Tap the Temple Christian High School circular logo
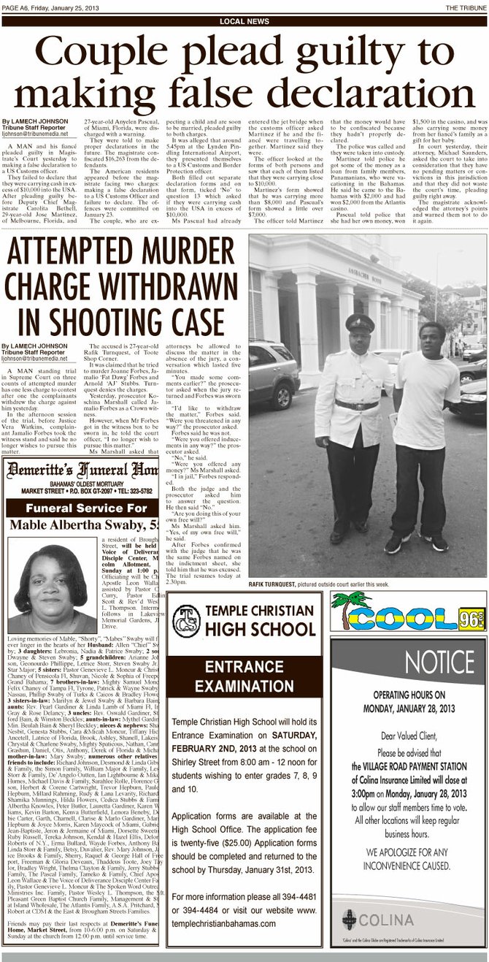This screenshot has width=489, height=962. point(186,622)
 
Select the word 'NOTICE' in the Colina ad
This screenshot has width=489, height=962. point(439,662)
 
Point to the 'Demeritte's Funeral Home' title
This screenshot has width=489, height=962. point(82,470)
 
